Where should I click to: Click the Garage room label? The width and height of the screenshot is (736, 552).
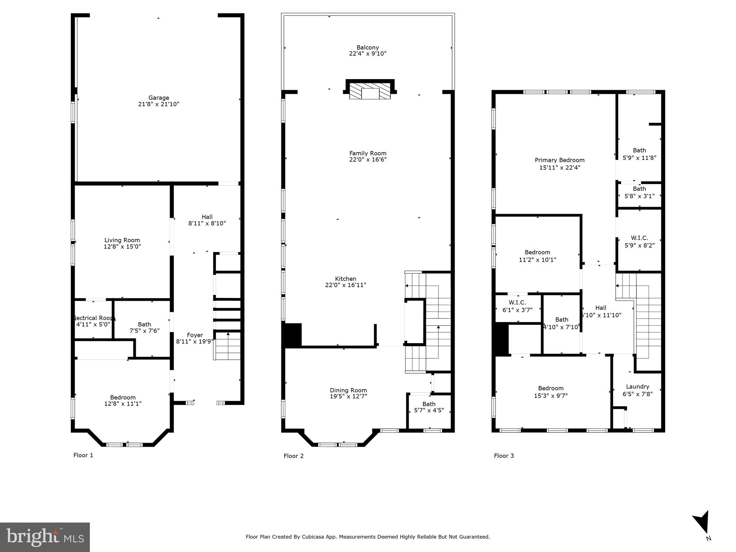pos(158,98)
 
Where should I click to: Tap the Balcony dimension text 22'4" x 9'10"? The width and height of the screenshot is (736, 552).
pos(368,54)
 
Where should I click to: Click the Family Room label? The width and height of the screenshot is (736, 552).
pos(368,153)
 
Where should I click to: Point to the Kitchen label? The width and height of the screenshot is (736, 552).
pos(345,279)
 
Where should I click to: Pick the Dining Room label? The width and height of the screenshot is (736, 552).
pos(348,390)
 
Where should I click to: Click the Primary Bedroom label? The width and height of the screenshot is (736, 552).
pos(560,160)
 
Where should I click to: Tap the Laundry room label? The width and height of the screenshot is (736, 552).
pos(637,387)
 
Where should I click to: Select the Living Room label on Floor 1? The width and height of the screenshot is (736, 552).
pos(122,240)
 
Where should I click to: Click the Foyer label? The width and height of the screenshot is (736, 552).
pos(195,335)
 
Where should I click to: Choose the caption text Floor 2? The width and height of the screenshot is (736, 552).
pos(294,456)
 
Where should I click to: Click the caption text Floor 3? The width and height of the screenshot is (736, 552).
pos(504,456)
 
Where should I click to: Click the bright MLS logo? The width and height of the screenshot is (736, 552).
pos(45,537)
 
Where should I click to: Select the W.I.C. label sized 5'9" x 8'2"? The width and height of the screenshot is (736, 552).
pos(639,238)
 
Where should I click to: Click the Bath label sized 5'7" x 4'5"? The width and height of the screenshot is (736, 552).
pos(429,404)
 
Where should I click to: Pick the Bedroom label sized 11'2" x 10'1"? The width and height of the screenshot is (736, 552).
pos(537,252)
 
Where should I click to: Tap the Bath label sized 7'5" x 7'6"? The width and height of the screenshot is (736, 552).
pos(144,324)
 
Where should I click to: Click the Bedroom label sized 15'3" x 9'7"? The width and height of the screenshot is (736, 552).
pos(551,388)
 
